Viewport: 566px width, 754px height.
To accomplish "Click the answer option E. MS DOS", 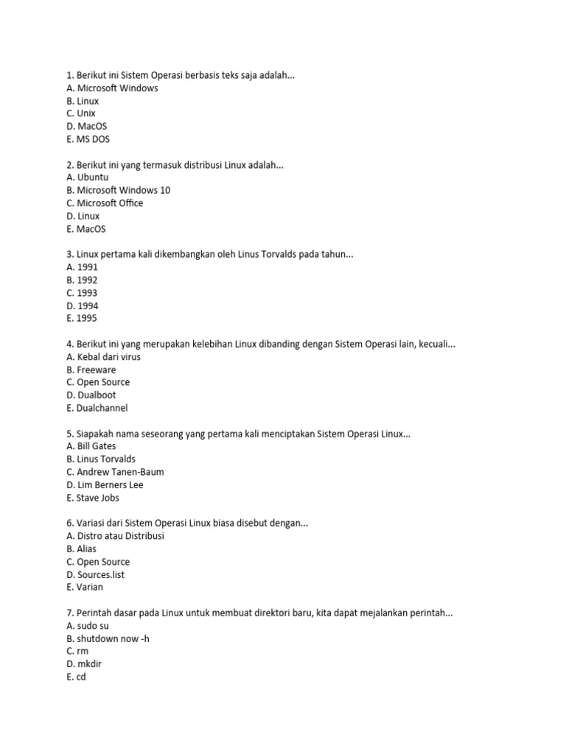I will pyautogui.click(x=88, y=139).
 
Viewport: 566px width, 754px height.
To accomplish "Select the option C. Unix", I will pyautogui.click(x=81, y=113).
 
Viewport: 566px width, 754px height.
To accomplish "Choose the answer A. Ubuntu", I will pyautogui.click(x=87, y=177).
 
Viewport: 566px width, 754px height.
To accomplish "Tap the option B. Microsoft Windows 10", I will pyautogui.click(x=118, y=190).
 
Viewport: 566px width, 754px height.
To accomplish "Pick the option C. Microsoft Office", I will pyautogui.click(x=105, y=203).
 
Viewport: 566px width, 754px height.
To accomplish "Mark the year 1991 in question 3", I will pyautogui.click(x=82, y=267).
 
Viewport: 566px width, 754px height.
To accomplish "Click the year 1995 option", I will pyautogui.click(x=81, y=318).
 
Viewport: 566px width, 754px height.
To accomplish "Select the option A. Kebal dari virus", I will pyautogui.click(x=103, y=357).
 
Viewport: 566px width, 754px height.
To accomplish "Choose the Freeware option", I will pyautogui.click(x=91, y=370).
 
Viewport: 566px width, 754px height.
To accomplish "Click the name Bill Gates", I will pyautogui.click(x=91, y=446).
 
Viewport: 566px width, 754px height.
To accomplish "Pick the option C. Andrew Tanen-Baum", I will pyautogui.click(x=115, y=472).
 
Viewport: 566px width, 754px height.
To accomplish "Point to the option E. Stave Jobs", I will pyautogui.click(x=92, y=498).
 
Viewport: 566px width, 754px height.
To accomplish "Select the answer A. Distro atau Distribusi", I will pyautogui.click(x=115, y=536).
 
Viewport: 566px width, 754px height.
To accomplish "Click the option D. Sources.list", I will pyautogui.click(x=95, y=574).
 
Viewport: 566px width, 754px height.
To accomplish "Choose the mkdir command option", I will pyautogui.click(x=84, y=663).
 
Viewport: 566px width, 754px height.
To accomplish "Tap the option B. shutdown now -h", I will pyautogui.click(x=108, y=638).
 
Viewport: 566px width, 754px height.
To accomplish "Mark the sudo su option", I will pyautogui.click(x=88, y=625).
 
